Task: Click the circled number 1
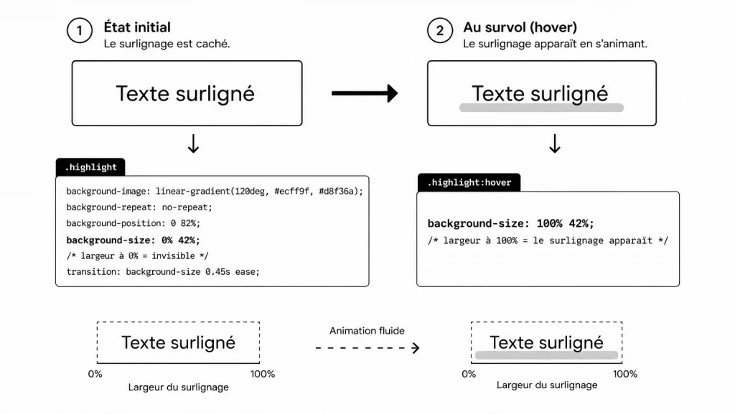[x=79, y=32]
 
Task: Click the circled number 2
[x=439, y=32]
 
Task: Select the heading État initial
[x=137, y=27]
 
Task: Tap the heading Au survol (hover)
[x=520, y=27]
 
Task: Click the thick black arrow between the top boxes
[x=365, y=93]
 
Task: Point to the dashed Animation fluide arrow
[x=367, y=348]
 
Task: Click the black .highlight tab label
[x=90, y=167]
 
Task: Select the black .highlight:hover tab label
[x=469, y=182]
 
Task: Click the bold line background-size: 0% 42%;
[x=134, y=240]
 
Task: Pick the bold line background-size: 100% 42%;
[x=511, y=223]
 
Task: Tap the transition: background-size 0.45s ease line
[x=163, y=271]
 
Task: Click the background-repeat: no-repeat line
[x=139, y=207]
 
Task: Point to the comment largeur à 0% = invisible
[x=137, y=255]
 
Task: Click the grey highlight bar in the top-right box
[x=541, y=108]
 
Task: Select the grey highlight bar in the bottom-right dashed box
[x=546, y=355]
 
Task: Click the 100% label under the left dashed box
[x=263, y=374]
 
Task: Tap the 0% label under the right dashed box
[x=469, y=374]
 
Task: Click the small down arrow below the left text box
[x=193, y=144]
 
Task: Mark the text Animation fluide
[x=367, y=331]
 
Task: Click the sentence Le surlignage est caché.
[x=167, y=44]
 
